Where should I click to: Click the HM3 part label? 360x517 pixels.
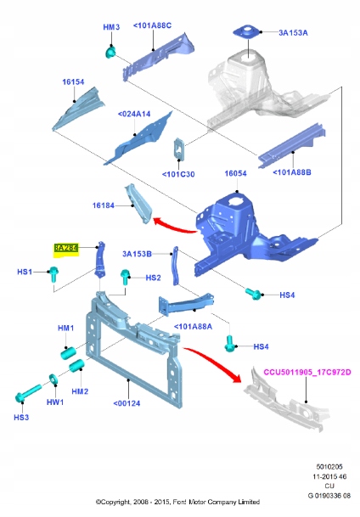click(112, 28)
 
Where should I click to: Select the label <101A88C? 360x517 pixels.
click(152, 26)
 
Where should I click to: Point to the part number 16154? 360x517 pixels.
click(73, 82)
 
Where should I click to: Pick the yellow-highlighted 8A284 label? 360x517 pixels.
click(65, 248)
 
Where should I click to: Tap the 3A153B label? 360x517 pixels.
click(137, 253)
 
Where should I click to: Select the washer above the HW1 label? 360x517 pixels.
click(55, 378)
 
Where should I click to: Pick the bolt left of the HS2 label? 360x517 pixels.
click(126, 275)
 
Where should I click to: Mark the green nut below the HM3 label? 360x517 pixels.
click(110, 53)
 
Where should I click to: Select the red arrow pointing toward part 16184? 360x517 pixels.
click(174, 224)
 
